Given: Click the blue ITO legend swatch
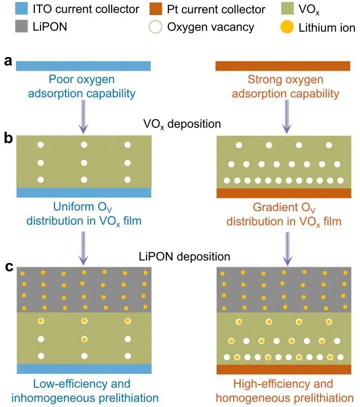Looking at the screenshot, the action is (x=21, y=9).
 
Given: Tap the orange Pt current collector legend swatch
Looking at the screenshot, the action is (x=156, y=9).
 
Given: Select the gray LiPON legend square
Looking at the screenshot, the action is (x=21, y=26).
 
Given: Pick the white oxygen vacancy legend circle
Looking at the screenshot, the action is (x=156, y=27).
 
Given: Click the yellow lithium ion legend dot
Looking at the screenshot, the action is (x=287, y=27).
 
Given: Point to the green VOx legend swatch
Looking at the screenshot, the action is (x=287, y=9).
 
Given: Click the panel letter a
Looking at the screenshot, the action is (x=8, y=61).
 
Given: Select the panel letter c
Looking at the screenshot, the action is (x=9, y=267).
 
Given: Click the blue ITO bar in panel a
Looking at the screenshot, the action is (x=83, y=66).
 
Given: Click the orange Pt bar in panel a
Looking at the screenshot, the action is (x=283, y=66).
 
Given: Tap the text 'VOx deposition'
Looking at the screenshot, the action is (x=182, y=124).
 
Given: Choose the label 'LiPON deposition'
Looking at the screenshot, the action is (x=184, y=257).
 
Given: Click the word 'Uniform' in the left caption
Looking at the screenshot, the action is (x=74, y=207).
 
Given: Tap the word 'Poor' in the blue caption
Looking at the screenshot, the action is (x=60, y=79).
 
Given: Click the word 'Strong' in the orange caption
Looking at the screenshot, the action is (x=263, y=80).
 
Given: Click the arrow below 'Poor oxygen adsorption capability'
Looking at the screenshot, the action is (x=83, y=117).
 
